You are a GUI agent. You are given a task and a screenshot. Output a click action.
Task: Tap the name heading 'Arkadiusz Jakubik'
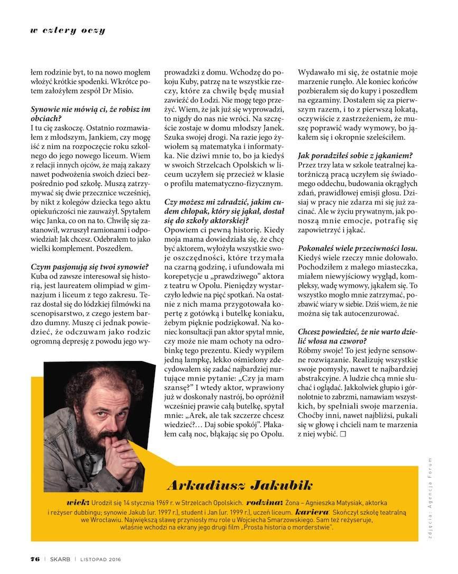coord(239,484)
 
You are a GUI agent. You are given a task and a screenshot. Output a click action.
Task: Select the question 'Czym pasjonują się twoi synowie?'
coord(90,266)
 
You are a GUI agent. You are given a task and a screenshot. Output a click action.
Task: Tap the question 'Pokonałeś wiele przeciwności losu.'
coord(358,248)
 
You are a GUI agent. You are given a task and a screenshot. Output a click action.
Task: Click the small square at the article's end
coord(343,433)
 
